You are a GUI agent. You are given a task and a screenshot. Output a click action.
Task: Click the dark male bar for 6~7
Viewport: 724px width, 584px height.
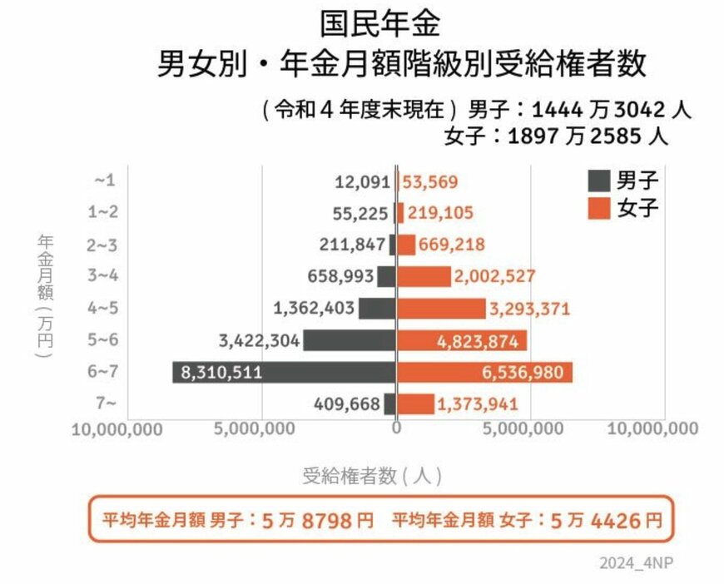pyautogui.click(x=283, y=373)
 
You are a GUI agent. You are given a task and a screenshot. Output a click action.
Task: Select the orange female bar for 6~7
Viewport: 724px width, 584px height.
pyautogui.click(x=483, y=373)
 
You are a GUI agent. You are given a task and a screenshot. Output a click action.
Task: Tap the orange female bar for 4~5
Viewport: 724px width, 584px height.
pyautogui.click(x=440, y=309)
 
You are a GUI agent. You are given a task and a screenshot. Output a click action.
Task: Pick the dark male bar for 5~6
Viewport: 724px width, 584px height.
pyautogui.click(x=349, y=341)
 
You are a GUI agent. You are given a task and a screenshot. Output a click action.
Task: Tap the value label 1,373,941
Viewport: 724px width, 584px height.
pyautogui.click(x=477, y=404)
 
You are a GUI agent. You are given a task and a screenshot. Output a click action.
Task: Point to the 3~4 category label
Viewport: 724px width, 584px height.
pyautogui.click(x=105, y=277)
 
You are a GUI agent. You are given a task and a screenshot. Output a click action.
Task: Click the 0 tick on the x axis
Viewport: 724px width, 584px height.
pyautogui.click(x=396, y=428)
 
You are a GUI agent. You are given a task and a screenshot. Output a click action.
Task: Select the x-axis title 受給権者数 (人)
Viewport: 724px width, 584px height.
pyautogui.click(x=371, y=477)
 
